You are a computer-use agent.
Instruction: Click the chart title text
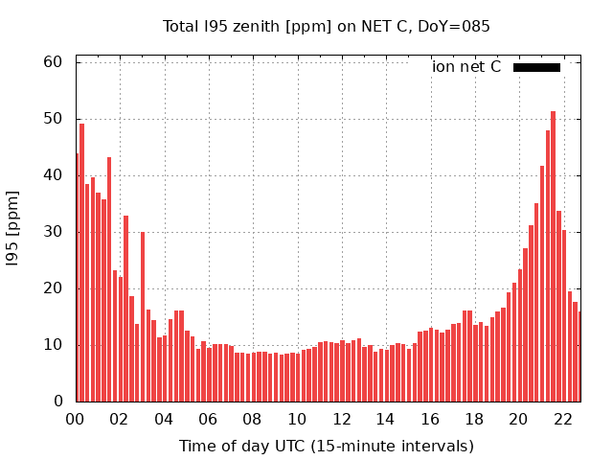[x=326, y=26]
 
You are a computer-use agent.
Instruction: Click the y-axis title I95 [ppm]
[x=13, y=229]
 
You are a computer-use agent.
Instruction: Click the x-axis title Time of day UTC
[x=326, y=446]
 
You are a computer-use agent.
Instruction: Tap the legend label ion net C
[x=466, y=67]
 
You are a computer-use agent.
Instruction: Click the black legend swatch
[x=536, y=67]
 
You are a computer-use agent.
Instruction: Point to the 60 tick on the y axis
[x=54, y=62]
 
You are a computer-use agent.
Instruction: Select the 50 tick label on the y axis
[x=54, y=119]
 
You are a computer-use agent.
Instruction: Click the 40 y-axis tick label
[x=54, y=175]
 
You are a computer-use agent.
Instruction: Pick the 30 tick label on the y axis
[x=54, y=232]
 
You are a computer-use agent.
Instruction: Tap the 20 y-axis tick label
[x=54, y=288]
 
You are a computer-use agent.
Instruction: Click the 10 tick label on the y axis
[x=54, y=345]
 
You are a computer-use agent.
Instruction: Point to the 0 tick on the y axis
[x=58, y=402]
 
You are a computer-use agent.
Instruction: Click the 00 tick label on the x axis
[x=75, y=419]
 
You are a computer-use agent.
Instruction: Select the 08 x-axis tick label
[x=252, y=419]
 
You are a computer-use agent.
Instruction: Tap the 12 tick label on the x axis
[x=341, y=419]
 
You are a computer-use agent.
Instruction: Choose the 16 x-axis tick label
[x=429, y=419]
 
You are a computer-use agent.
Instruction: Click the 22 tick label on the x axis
[x=562, y=419]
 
